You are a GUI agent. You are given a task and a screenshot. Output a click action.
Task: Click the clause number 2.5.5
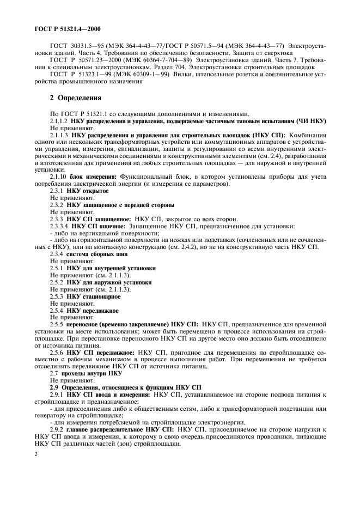click(x=57, y=324)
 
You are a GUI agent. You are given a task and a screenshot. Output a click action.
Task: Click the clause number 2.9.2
click(x=57, y=430)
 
